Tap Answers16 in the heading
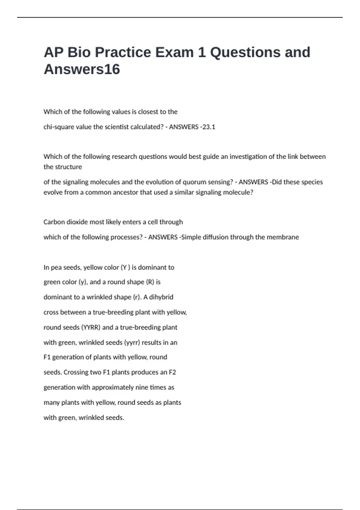tap(82, 69)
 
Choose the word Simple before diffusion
tap(191, 237)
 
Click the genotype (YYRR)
tap(91, 327)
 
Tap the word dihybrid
tap(161, 297)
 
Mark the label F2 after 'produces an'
tap(172, 372)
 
